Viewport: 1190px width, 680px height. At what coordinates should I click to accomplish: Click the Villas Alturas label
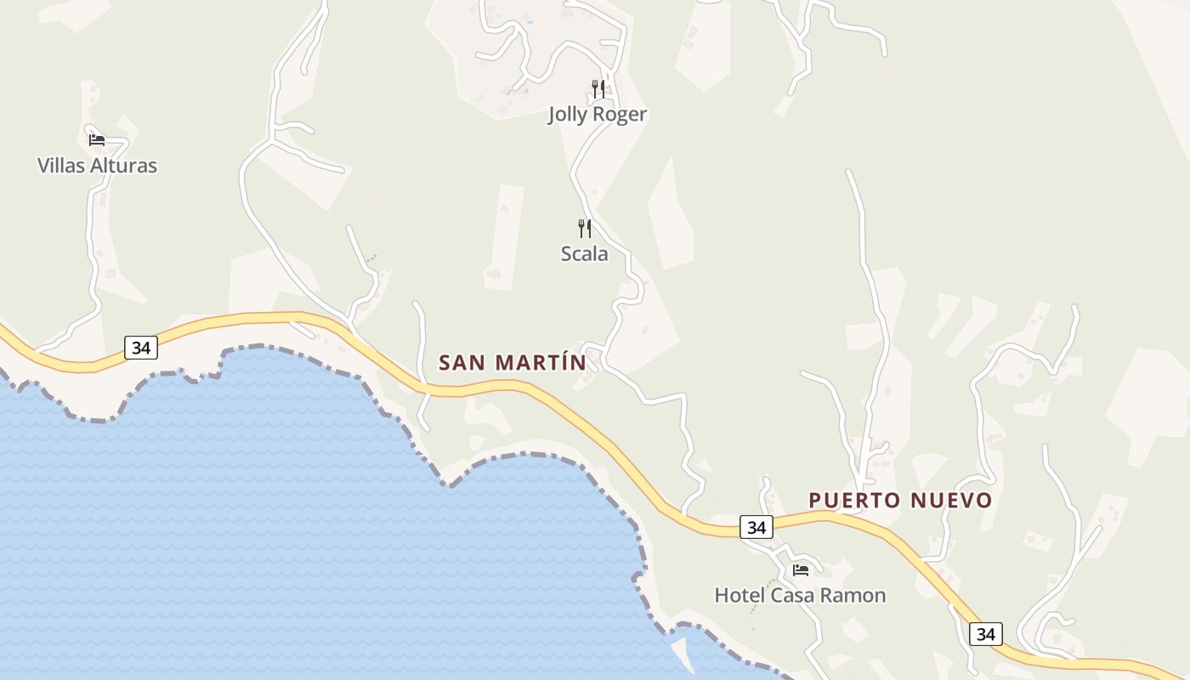[97, 165]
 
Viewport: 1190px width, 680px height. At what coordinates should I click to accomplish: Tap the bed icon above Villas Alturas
[97, 140]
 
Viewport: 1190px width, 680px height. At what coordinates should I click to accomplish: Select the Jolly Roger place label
[597, 114]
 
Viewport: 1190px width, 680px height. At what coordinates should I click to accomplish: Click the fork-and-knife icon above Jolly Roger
[598, 88]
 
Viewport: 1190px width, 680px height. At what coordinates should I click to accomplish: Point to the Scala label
[584, 253]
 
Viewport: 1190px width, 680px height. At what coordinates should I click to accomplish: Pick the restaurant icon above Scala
[585, 228]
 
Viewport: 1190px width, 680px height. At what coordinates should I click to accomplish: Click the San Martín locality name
[513, 362]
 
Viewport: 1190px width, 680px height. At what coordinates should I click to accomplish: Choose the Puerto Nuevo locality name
[900, 500]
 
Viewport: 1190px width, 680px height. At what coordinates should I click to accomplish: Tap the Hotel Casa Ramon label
[800, 595]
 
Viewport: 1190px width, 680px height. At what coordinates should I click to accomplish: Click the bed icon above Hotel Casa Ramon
[801, 570]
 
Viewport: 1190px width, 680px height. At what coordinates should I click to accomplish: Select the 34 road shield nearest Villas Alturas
[141, 347]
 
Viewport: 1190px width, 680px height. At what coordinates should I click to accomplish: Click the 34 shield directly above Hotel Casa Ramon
[756, 527]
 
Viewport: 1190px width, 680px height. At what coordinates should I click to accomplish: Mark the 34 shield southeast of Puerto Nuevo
[985, 633]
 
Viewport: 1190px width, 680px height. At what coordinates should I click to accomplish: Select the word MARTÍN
[541, 362]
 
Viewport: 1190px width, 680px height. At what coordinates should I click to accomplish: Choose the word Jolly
[567, 114]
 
